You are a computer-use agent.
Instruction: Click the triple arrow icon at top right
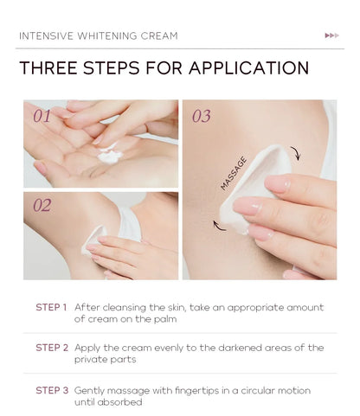pos(331,35)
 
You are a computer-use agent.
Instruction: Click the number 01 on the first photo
pos(42,114)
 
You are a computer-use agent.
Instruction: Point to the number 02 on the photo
pos(42,206)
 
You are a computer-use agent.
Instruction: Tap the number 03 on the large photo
pos(201,116)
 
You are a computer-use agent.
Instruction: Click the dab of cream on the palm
pos(108,157)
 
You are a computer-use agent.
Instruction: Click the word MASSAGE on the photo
pos(234,172)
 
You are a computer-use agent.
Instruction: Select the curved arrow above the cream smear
pos(295,154)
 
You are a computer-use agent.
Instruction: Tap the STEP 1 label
pos(51,307)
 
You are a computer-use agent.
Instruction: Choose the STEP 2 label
pos(51,348)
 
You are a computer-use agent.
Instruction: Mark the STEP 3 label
pos(51,390)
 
